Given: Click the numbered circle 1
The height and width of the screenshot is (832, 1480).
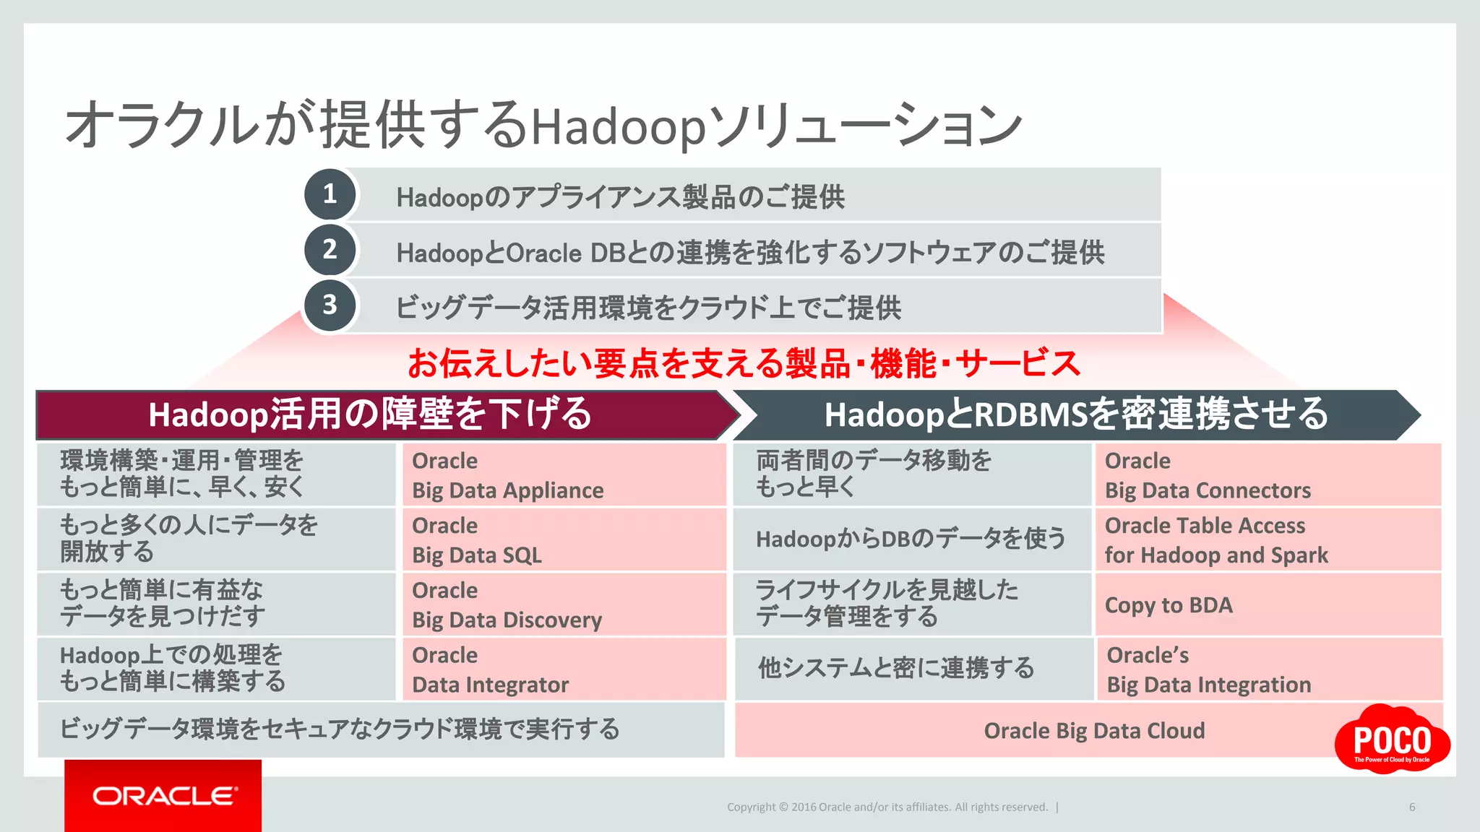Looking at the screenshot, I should (x=330, y=194).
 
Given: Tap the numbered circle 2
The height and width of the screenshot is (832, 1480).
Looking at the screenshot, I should (x=330, y=250).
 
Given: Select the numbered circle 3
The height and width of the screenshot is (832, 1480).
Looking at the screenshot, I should (x=330, y=305).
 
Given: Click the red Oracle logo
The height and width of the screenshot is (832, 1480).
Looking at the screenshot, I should (x=163, y=795).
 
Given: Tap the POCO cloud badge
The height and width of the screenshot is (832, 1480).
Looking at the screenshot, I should (x=1392, y=740).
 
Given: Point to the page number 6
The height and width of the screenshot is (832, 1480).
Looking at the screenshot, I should (x=1412, y=807).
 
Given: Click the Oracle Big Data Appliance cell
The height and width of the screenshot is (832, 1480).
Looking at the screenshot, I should (x=564, y=475).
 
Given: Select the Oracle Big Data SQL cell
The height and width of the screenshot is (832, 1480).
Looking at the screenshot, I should (x=564, y=540).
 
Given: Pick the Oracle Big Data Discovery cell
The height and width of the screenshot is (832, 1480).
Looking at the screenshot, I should (x=564, y=605).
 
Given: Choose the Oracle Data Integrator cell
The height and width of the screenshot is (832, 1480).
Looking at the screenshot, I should (x=564, y=669).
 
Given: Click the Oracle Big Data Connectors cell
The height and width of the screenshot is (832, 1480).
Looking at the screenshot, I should (x=1268, y=475).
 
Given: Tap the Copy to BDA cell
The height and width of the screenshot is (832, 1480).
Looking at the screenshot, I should (x=1268, y=605).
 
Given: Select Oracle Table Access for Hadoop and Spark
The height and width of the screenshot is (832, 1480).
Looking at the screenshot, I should (x=1268, y=540).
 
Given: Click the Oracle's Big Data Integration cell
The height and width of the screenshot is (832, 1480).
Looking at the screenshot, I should (x=1269, y=669).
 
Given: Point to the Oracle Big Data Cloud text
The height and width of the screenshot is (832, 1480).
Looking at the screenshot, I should (x=1094, y=731).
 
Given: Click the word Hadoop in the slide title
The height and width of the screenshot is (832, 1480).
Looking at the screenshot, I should (x=618, y=127).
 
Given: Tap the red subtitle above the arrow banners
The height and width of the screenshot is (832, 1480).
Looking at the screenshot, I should (x=744, y=363).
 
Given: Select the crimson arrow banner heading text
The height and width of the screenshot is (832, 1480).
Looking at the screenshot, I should (x=370, y=415).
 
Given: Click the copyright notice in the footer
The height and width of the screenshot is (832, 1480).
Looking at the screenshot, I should (x=887, y=807).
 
